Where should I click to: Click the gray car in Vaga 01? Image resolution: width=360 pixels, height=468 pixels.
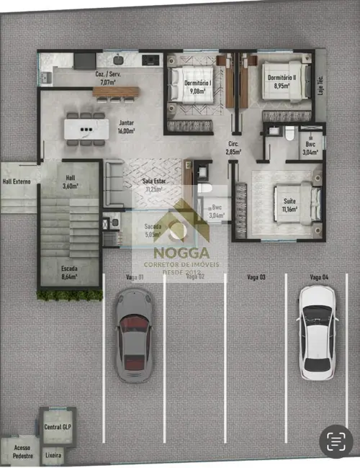click(134, 335)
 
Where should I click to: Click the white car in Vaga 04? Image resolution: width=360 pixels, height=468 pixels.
click(317, 332)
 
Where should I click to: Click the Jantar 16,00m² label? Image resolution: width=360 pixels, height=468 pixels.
click(126, 127)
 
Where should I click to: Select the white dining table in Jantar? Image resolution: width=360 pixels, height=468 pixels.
click(86, 129)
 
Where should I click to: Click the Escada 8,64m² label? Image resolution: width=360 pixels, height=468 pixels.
click(70, 271)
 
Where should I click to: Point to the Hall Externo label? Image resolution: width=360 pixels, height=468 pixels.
click(17, 182)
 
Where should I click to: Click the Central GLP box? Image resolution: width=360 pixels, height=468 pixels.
click(58, 426)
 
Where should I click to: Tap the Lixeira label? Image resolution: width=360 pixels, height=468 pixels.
click(53, 456)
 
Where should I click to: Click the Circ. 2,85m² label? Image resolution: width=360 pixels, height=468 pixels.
click(233, 148)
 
